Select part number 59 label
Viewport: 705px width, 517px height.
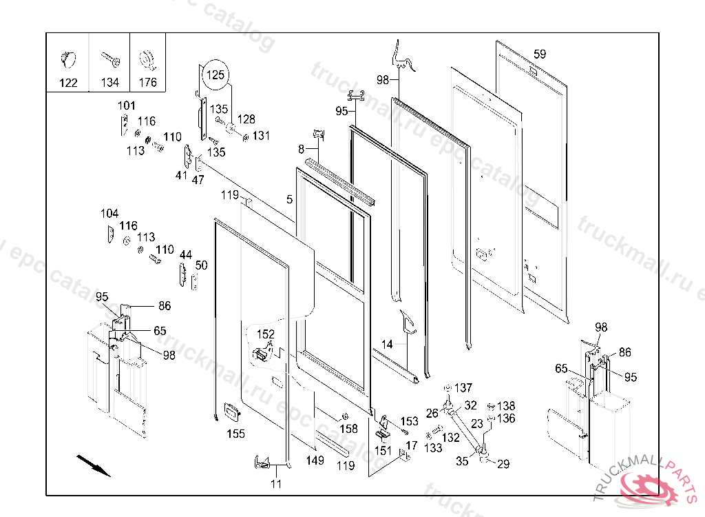540,54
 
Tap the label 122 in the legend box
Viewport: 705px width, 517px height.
67,83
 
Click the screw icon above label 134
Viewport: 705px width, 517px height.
109,59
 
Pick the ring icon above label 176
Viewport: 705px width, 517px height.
147,59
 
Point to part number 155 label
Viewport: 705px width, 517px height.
235,434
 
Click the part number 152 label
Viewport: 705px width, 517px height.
266,334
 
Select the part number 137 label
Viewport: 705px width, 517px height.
464,387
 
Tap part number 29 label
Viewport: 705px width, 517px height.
503,465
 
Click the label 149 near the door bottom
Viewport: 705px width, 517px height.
315,460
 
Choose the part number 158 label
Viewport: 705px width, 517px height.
349,429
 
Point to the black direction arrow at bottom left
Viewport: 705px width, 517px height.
92,465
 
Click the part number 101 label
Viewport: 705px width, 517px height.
127,105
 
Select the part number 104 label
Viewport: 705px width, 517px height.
109,214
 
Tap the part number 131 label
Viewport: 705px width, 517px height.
261,136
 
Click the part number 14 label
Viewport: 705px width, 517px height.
387,344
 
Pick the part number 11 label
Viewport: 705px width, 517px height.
275,484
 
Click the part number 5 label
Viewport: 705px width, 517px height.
290,200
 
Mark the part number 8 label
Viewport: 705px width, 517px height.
301,149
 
